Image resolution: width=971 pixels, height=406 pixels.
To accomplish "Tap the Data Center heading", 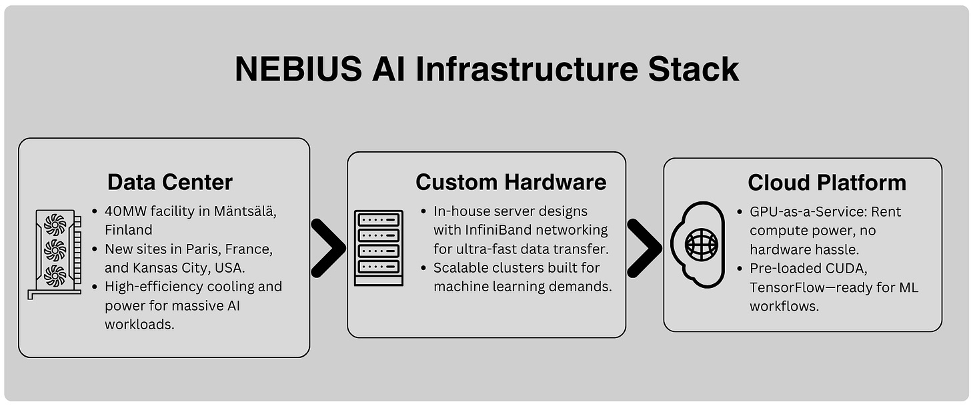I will click(170, 182).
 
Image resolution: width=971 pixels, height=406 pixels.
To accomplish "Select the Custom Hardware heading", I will click(511, 182).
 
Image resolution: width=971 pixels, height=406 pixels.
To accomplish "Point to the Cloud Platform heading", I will click(826, 182).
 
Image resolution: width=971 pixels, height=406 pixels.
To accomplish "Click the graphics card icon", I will click(56, 254).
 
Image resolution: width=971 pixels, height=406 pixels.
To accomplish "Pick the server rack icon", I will click(378, 248).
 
